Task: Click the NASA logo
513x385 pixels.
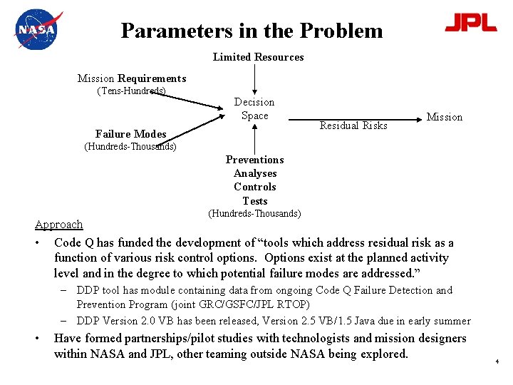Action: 38,30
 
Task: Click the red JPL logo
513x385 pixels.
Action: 470,23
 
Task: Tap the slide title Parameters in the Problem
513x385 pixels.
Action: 252,31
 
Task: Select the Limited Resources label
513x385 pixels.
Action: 258,57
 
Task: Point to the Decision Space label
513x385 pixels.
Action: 254,108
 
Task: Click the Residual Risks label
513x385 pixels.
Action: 353,125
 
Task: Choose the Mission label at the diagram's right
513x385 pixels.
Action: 444,117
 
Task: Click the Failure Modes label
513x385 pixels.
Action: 130,134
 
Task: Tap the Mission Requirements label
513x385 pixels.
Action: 132,78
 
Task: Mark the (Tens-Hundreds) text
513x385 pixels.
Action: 131,91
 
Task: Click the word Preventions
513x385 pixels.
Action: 254,160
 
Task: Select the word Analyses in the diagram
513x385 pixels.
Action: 255,173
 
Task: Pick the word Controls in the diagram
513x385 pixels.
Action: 255,187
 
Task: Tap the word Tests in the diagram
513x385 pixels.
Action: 255,200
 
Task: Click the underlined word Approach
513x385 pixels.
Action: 59,224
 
